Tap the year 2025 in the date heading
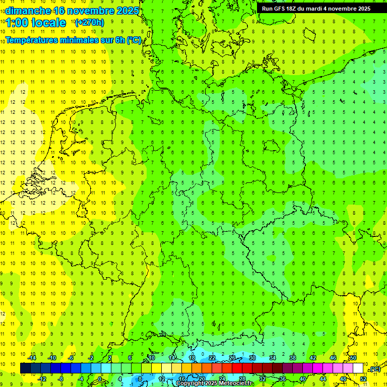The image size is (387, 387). click(x=126, y=11)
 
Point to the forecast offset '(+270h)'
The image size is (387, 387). click(x=89, y=23)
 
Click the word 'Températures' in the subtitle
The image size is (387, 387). click(x=34, y=40)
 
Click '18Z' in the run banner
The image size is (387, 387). click(x=293, y=9)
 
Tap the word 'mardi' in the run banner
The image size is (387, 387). click(x=317, y=9)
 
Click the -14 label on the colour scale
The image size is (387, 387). click(x=32, y=358)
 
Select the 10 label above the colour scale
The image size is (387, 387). click(x=151, y=358)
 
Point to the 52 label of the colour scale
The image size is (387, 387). click(x=363, y=379)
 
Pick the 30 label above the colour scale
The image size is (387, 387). click(x=252, y=358)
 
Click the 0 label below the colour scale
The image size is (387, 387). click(x=100, y=379)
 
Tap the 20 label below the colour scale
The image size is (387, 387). click(x=202, y=379)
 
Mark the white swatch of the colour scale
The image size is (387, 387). click(x=358, y=368)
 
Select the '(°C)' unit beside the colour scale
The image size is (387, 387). click(x=374, y=369)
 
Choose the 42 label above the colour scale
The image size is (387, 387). click(x=312, y=358)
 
